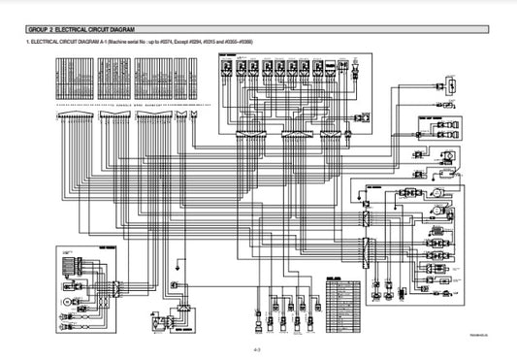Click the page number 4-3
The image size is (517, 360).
[x=258, y=347]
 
